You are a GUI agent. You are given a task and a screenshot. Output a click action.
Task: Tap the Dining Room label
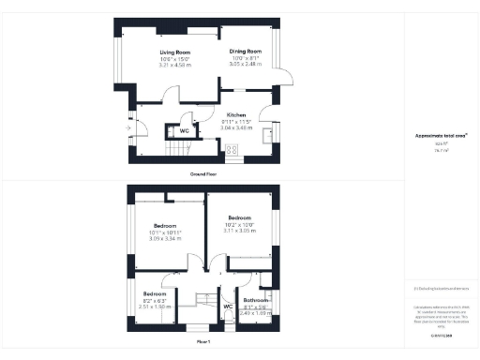247,52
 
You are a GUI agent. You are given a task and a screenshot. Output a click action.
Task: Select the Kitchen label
235,115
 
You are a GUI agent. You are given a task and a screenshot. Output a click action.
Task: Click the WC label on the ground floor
184,131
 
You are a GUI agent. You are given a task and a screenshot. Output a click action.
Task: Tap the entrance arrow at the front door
128,127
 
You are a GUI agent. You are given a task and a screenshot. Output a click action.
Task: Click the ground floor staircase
150,148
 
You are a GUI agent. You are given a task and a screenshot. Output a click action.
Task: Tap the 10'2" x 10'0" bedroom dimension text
241,224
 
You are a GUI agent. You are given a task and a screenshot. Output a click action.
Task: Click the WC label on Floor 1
228,306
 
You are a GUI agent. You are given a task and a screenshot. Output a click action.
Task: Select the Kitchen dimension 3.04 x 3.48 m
235,127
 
